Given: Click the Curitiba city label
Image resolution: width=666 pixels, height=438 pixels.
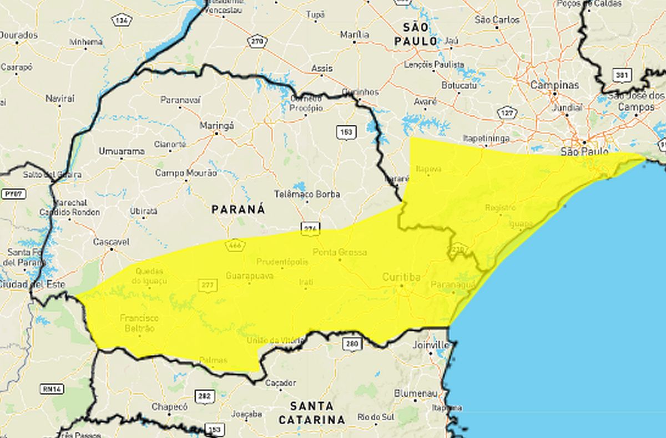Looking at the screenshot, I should click(x=401, y=277).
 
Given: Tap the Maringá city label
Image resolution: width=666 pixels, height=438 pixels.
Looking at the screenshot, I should click(x=216, y=126).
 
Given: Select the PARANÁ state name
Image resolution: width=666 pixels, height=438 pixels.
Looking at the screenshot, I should click(x=238, y=209).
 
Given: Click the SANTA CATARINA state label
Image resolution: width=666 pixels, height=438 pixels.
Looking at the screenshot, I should click(x=311, y=412).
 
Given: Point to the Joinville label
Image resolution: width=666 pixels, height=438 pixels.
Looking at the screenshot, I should click(x=431, y=345).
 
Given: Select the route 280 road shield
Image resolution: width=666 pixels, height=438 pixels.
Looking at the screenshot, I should click(x=352, y=344).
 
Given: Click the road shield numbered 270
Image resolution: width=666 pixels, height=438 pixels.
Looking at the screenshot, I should click(x=258, y=42).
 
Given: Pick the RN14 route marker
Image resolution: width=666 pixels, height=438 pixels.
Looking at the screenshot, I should click(x=52, y=389).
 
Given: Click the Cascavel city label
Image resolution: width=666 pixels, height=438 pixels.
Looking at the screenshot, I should click(x=111, y=242).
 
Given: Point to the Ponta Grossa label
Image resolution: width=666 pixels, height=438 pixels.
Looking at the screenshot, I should click(x=340, y=252).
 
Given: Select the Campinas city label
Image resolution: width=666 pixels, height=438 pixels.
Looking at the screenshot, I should click(x=554, y=85).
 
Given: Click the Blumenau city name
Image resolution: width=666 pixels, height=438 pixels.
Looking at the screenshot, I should click(x=413, y=393).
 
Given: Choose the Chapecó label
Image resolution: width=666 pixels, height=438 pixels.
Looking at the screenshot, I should click(x=170, y=406).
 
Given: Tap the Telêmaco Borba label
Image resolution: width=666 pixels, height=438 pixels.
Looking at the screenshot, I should click(x=307, y=194).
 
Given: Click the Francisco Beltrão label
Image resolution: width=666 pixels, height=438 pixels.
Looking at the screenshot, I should click(x=139, y=323).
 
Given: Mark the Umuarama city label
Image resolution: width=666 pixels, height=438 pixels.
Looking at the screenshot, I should click(x=122, y=151).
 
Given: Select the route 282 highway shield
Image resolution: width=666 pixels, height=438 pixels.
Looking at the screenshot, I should click(x=204, y=396).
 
